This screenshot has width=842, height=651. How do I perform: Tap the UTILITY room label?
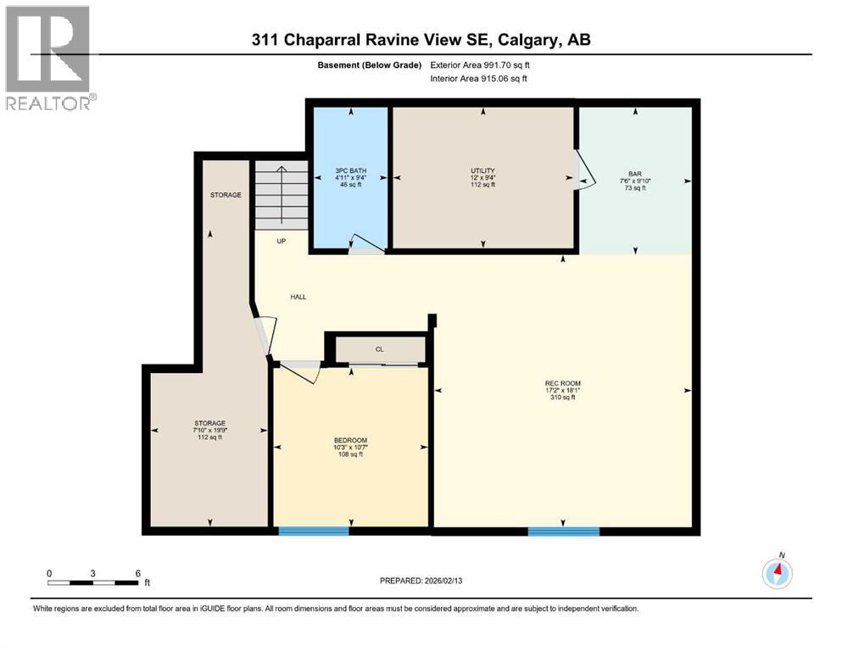(x=483, y=170)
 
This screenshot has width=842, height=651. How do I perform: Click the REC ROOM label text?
(x=562, y=383)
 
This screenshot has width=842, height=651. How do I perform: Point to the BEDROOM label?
(x=350, y=440)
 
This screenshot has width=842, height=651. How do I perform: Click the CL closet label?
(x=380, y=348)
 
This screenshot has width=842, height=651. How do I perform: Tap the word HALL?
(x=298, y=297)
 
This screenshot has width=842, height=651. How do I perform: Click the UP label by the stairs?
(x=282, y=241)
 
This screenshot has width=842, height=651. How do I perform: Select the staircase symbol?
(x=281, y=194)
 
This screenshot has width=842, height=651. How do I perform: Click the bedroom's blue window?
(x=314, y=531)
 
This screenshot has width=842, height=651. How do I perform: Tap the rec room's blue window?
(x=563, y=531)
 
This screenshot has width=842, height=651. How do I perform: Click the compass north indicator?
(x=777, y=573)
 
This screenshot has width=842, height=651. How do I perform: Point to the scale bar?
(x=93, y=582)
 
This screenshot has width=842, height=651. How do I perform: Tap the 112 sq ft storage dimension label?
(x=209, y=437)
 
